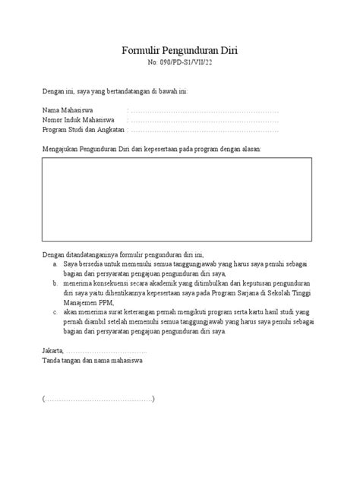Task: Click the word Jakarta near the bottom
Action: point(52,351)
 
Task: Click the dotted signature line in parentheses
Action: point(99,399)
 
